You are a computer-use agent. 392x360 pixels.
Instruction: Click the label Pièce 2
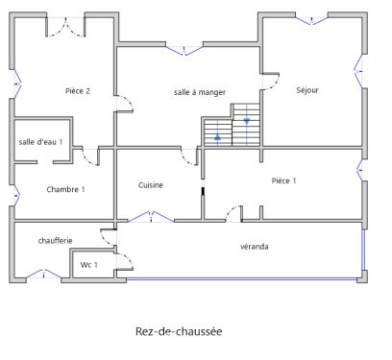pos(77,91)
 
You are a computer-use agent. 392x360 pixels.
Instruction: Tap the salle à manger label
pos(200,92)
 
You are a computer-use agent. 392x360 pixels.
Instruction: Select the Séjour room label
pos(307,90)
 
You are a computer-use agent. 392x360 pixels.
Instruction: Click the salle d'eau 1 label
pos(41,142)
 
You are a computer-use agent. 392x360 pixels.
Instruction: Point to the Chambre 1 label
pos(65,189)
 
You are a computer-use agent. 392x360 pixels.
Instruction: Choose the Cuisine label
pos(151,185)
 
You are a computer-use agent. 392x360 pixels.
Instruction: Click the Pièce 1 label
pos(283,180)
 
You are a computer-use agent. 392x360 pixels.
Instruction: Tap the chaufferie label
pos(56,239)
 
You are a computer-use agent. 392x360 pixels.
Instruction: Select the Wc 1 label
pos(89,264)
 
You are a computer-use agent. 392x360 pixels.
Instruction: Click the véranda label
pos(254,247)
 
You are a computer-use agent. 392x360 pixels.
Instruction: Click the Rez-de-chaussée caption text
pos(179,332)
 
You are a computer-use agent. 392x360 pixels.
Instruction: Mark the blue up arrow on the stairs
pos(218,137)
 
